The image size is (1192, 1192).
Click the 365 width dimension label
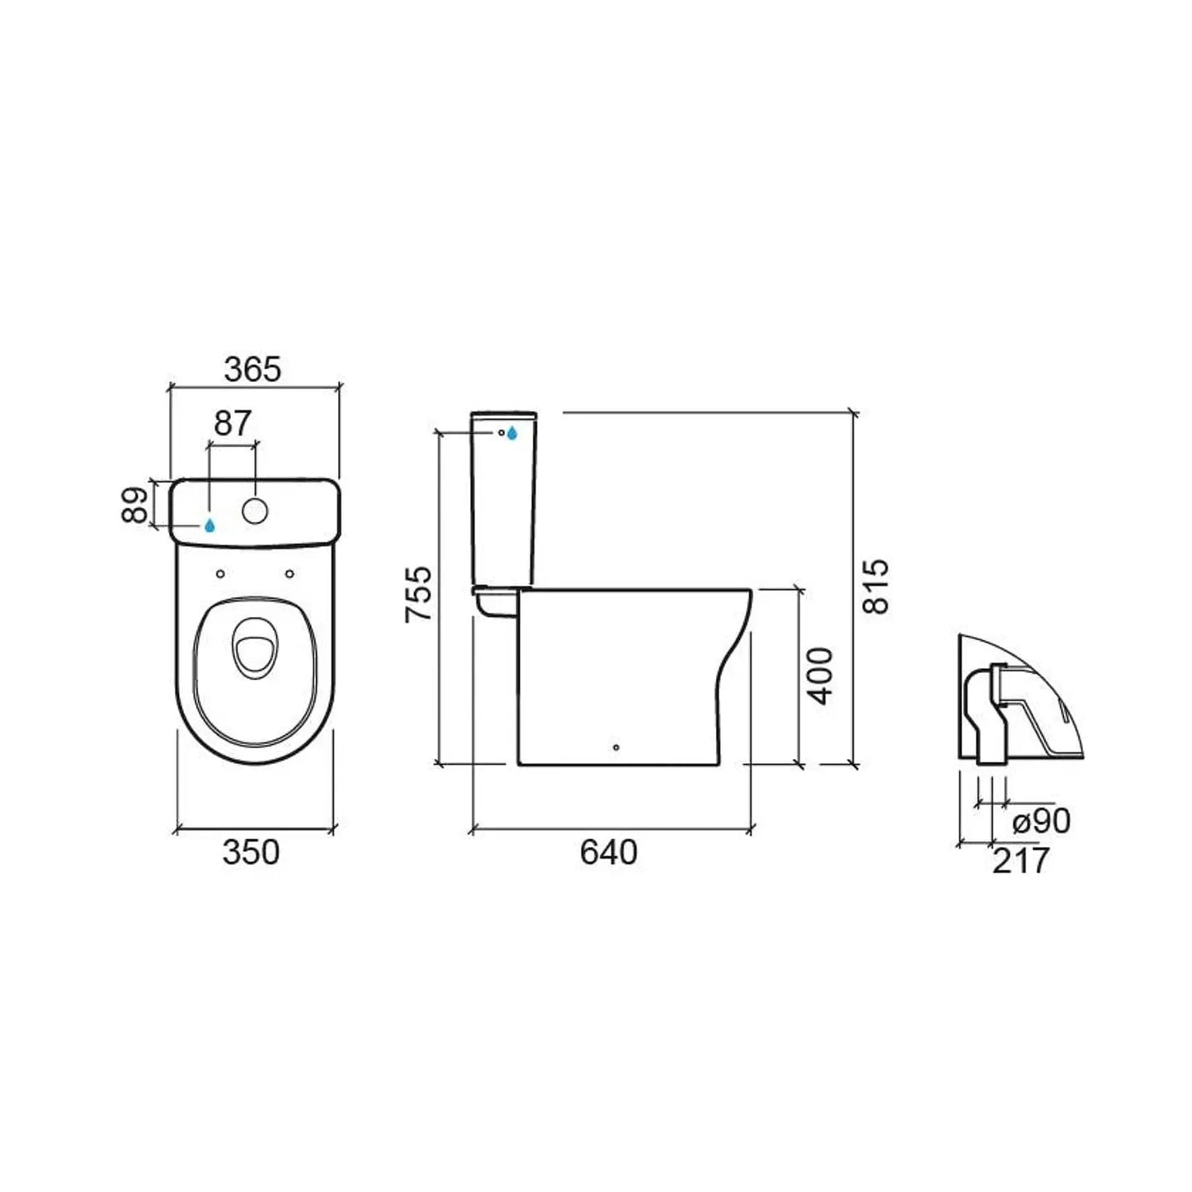click(x=252, y=370)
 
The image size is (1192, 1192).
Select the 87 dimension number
click(x=232, y=424)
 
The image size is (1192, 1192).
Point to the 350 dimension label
click(x=251, y=852)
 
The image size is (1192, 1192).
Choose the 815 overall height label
click(x=876, y=586)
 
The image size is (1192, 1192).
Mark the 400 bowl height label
click(x=820, y=676)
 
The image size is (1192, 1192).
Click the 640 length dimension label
click(x=608, y=852)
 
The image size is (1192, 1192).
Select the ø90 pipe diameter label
click(x=1041, y=821)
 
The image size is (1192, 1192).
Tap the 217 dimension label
click(x=1020, y=861)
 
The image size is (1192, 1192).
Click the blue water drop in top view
click(x=210, y=525)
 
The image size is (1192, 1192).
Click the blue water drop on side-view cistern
click(x=512, y=433)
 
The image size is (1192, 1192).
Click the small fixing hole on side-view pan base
click(x=616, y=749)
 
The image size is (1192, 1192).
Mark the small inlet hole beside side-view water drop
click(x=501, y=431)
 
